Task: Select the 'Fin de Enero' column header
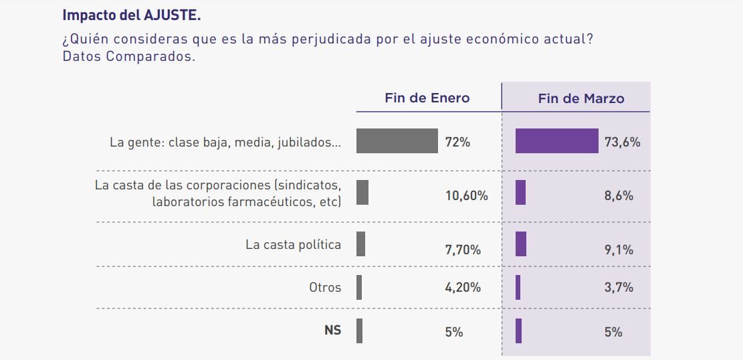coord(427,98)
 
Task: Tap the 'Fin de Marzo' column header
coord(580,98)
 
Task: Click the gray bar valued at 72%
coord(397,141)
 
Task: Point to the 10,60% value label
coord(466,196)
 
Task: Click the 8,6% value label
coord(618,196)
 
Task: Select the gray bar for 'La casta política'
coord(360,244)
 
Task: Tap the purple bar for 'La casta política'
coord(520,244)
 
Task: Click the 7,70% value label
coord(463,250)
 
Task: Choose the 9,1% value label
coord(618,250)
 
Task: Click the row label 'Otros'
coord(325,288)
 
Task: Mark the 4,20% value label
coord(463,288)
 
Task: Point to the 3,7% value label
coord(618,288)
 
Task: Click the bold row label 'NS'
coord(332,331)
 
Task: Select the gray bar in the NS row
coord(359,331)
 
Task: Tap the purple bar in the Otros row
coord(518,288)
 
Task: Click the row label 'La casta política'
coord(293,244)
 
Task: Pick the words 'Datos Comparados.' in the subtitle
coord(128,56)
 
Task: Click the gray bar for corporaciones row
coord(362,192)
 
